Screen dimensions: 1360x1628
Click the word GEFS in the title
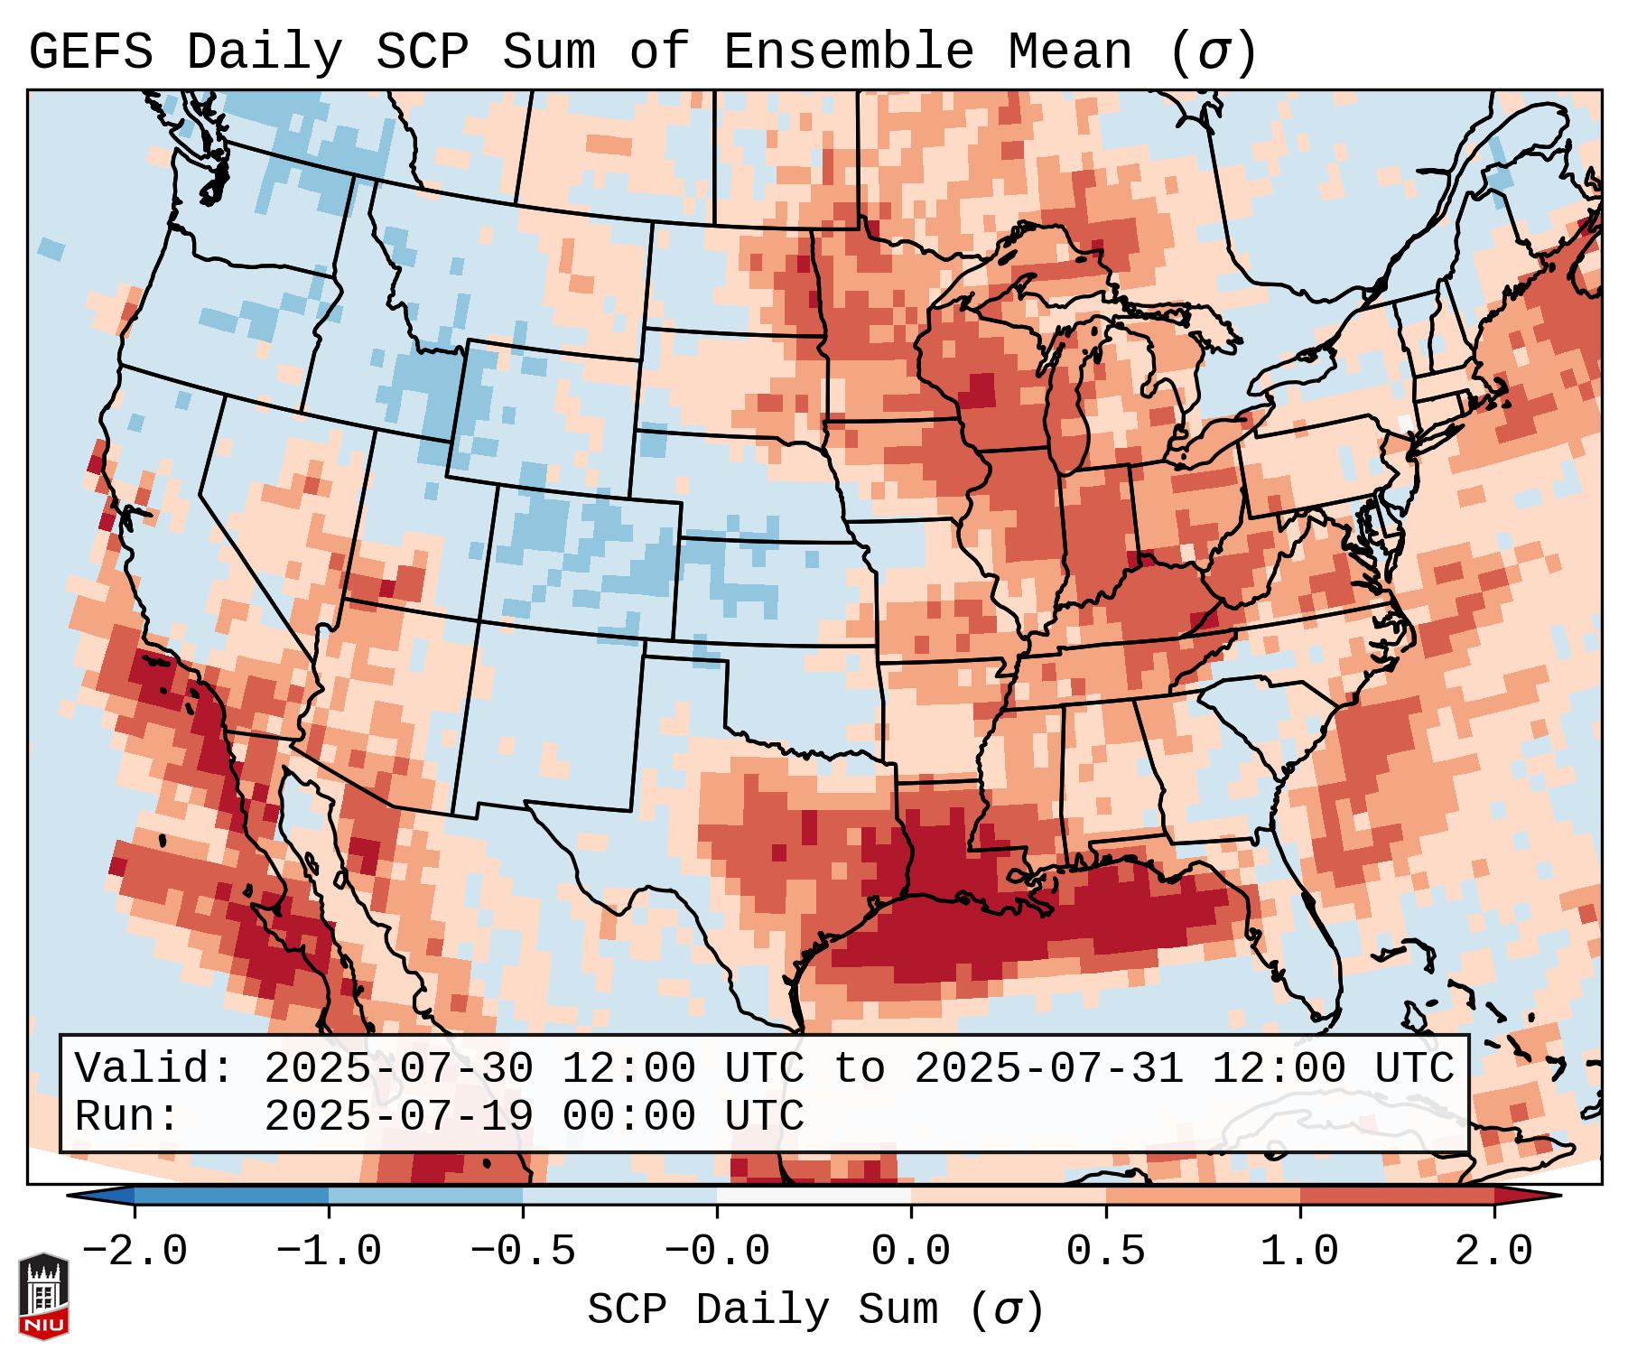pos(90,52)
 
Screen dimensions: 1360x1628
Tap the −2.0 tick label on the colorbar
pos(135,1252)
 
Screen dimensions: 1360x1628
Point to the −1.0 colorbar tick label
pos(329,1252)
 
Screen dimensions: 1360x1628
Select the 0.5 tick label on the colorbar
pos(1106,1252)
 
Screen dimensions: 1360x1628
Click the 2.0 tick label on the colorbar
pos(1494,1252)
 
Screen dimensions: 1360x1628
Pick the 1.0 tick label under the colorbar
pos(1300,1252)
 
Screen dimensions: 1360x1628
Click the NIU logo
pos(43,1296)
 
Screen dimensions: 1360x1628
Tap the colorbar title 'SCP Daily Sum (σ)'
pos(815,1309)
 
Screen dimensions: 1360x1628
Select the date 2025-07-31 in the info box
pos(1048,1068)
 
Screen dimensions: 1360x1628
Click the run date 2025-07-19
pos(398,1116)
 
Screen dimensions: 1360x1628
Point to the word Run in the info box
pos(126,1116)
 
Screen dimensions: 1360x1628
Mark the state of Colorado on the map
pos(582,560)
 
